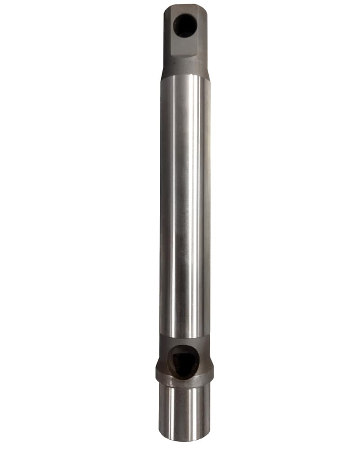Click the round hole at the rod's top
tap(184, 25)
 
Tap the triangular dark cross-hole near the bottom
tap(184, 361)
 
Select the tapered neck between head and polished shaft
tap(184, 67)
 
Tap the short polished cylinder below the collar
tap(184, 412)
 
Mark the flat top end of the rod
tap(185, 6)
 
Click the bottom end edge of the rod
tap(184, 440)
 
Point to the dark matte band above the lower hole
tap(184, 341)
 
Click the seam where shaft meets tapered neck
tap(184, 76)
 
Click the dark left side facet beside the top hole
tap(167, 31)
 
